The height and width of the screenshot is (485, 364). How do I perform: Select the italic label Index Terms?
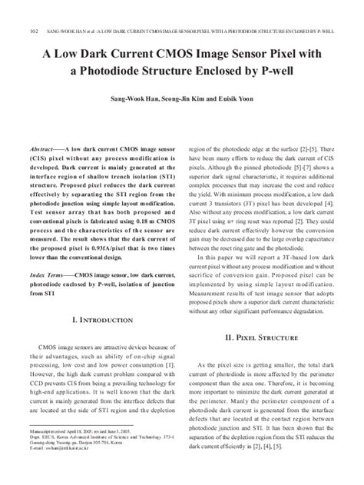click(x=48, y=273)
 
